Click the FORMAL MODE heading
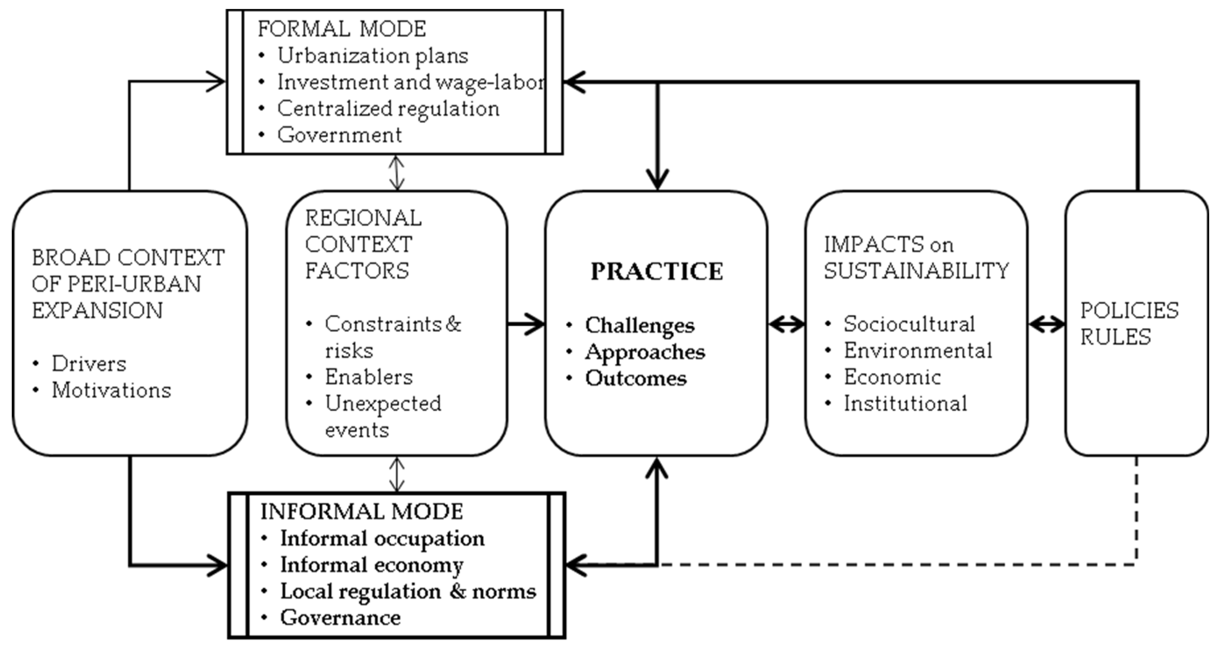click(x=342, y=29)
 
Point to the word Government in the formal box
click(x=339, y=135)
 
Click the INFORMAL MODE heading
click(x=361, y=512)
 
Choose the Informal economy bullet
click(x=371, y=565)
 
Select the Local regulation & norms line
click(x=408, y=592)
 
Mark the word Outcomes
click(x=635, y=378)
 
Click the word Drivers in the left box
click(x=89, y=364)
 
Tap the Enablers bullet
click(x=369, y=377)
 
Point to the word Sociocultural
click(x=909, y=324)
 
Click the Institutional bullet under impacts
click(x=905, y=404)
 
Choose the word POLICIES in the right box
click(x=1129, y=311)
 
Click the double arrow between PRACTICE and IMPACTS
click(x=787, y=324)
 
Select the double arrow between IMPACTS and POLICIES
click(x=1047, y=324)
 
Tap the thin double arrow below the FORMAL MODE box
click(x=396, y=173)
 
